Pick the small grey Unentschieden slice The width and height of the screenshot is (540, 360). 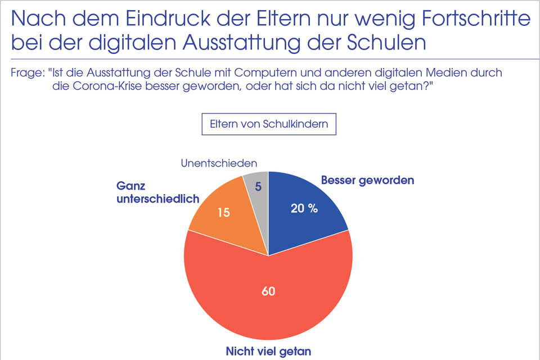click(x=256, y=197)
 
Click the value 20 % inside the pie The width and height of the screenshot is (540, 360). click(x=304, y=208)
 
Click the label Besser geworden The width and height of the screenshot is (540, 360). click(x=367, y=181)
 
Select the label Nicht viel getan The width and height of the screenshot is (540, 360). click(x=268, y=352)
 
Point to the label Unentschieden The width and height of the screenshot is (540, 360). click(x=219, y=163)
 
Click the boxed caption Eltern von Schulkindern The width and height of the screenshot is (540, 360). click(x=269, y=124)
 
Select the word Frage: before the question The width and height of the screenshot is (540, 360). click(x=27, y=73)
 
